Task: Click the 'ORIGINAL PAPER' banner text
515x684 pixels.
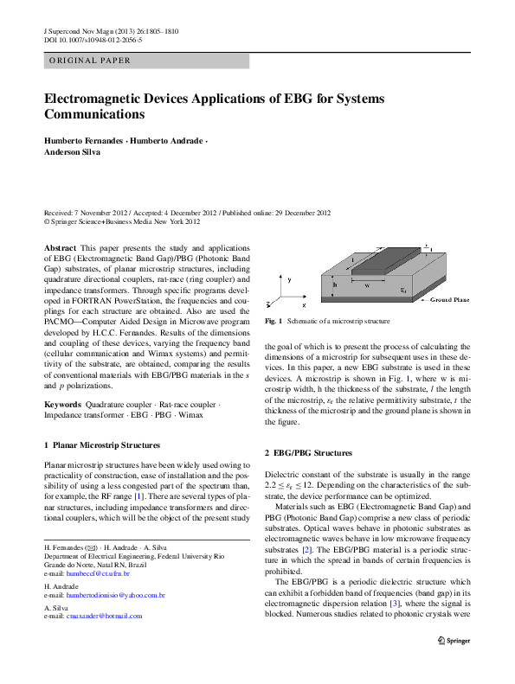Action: coord(91,61)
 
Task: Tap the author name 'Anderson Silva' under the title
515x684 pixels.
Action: coord(74,151)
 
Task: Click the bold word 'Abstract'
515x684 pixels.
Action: coord(60,247)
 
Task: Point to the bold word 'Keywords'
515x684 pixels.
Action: coord(62,405)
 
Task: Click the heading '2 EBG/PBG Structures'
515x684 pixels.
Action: coord(308,453)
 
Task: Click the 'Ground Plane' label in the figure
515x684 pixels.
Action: coord(450,300)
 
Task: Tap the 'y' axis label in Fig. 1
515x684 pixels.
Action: coord(290,280)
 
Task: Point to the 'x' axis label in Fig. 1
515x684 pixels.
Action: coord(304,305)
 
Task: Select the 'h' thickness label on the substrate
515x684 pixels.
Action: coord(334,282)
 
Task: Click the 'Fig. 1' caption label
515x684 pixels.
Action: coord(274,322)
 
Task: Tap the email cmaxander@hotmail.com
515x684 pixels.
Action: coord(105,617)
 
